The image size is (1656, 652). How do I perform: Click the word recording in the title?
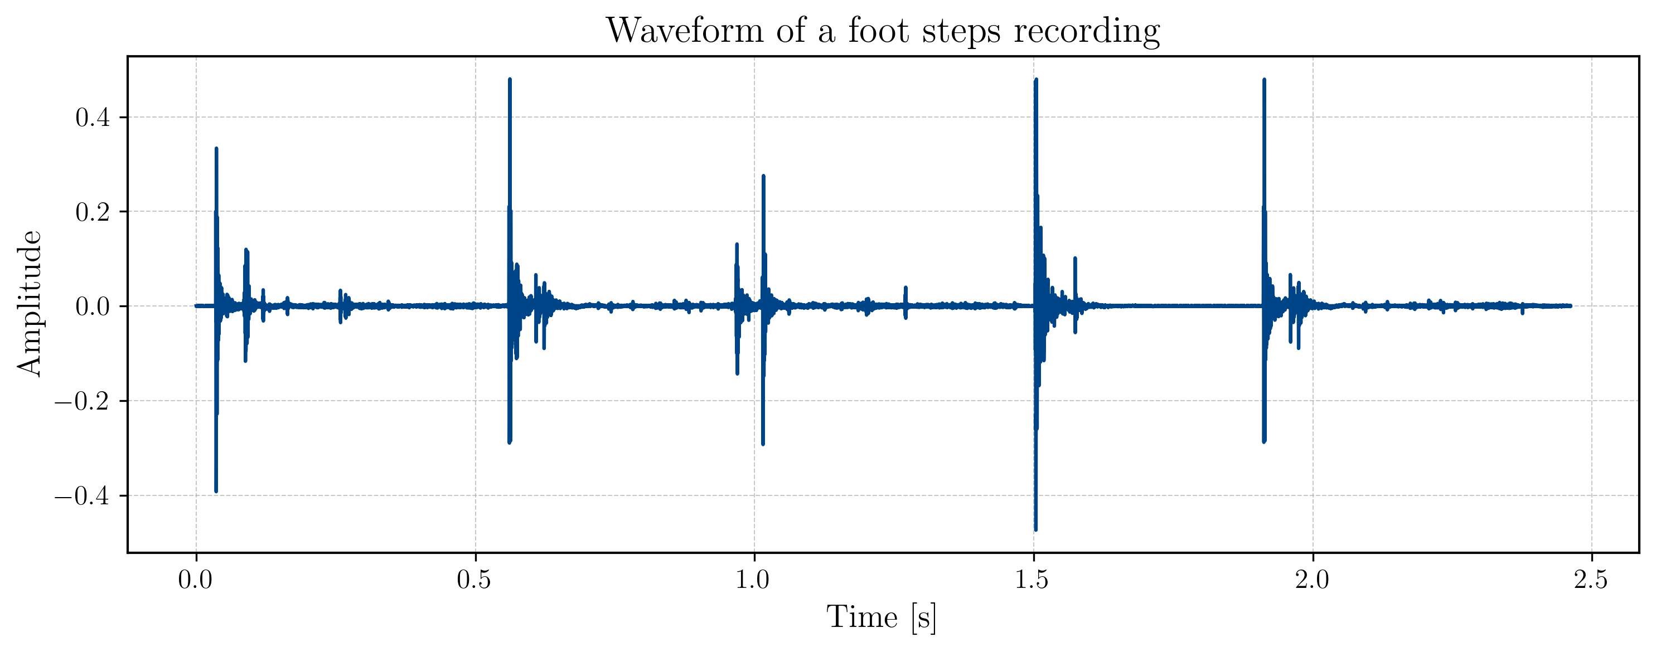(1086, 30)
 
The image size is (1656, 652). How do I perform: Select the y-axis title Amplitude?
(30, 303)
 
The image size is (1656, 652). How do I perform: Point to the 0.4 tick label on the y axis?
(93, 118)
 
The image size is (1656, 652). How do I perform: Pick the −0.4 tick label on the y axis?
(83, 496)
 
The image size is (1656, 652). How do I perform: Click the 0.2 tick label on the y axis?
(93, 212)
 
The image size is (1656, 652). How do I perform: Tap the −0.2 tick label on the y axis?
(83, 401)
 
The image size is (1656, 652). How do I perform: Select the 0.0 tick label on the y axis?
(93, 306)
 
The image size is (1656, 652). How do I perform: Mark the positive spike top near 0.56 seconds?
(510, 80)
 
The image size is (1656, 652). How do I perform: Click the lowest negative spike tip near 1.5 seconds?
(1035, 529)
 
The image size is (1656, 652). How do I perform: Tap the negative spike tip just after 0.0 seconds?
(216, 491)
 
